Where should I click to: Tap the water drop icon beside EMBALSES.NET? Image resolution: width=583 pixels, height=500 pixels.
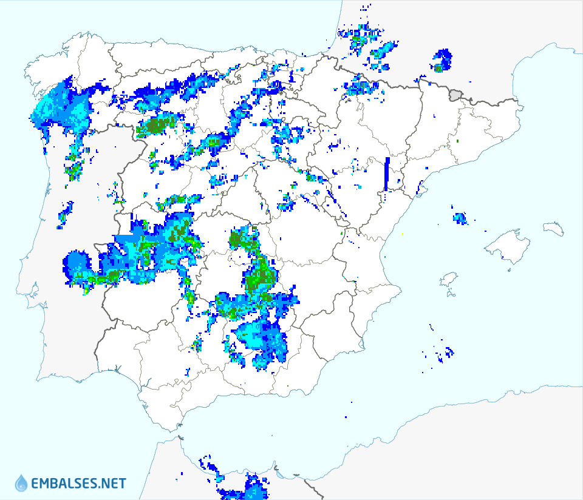click(21, 483)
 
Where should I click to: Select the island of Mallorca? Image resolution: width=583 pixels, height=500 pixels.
click(508, 245)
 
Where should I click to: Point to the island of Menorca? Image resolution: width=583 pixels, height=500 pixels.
click(553, 228)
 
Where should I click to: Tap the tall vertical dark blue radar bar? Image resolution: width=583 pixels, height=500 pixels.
click(387, 174)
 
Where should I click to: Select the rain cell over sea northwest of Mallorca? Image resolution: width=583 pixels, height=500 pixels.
click(460, 218)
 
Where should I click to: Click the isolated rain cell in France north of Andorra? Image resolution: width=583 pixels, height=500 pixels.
click(442, 61)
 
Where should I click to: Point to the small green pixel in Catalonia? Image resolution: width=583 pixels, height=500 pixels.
click(457, 141)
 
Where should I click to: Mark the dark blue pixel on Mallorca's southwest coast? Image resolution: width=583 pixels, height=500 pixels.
click(506, 259)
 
